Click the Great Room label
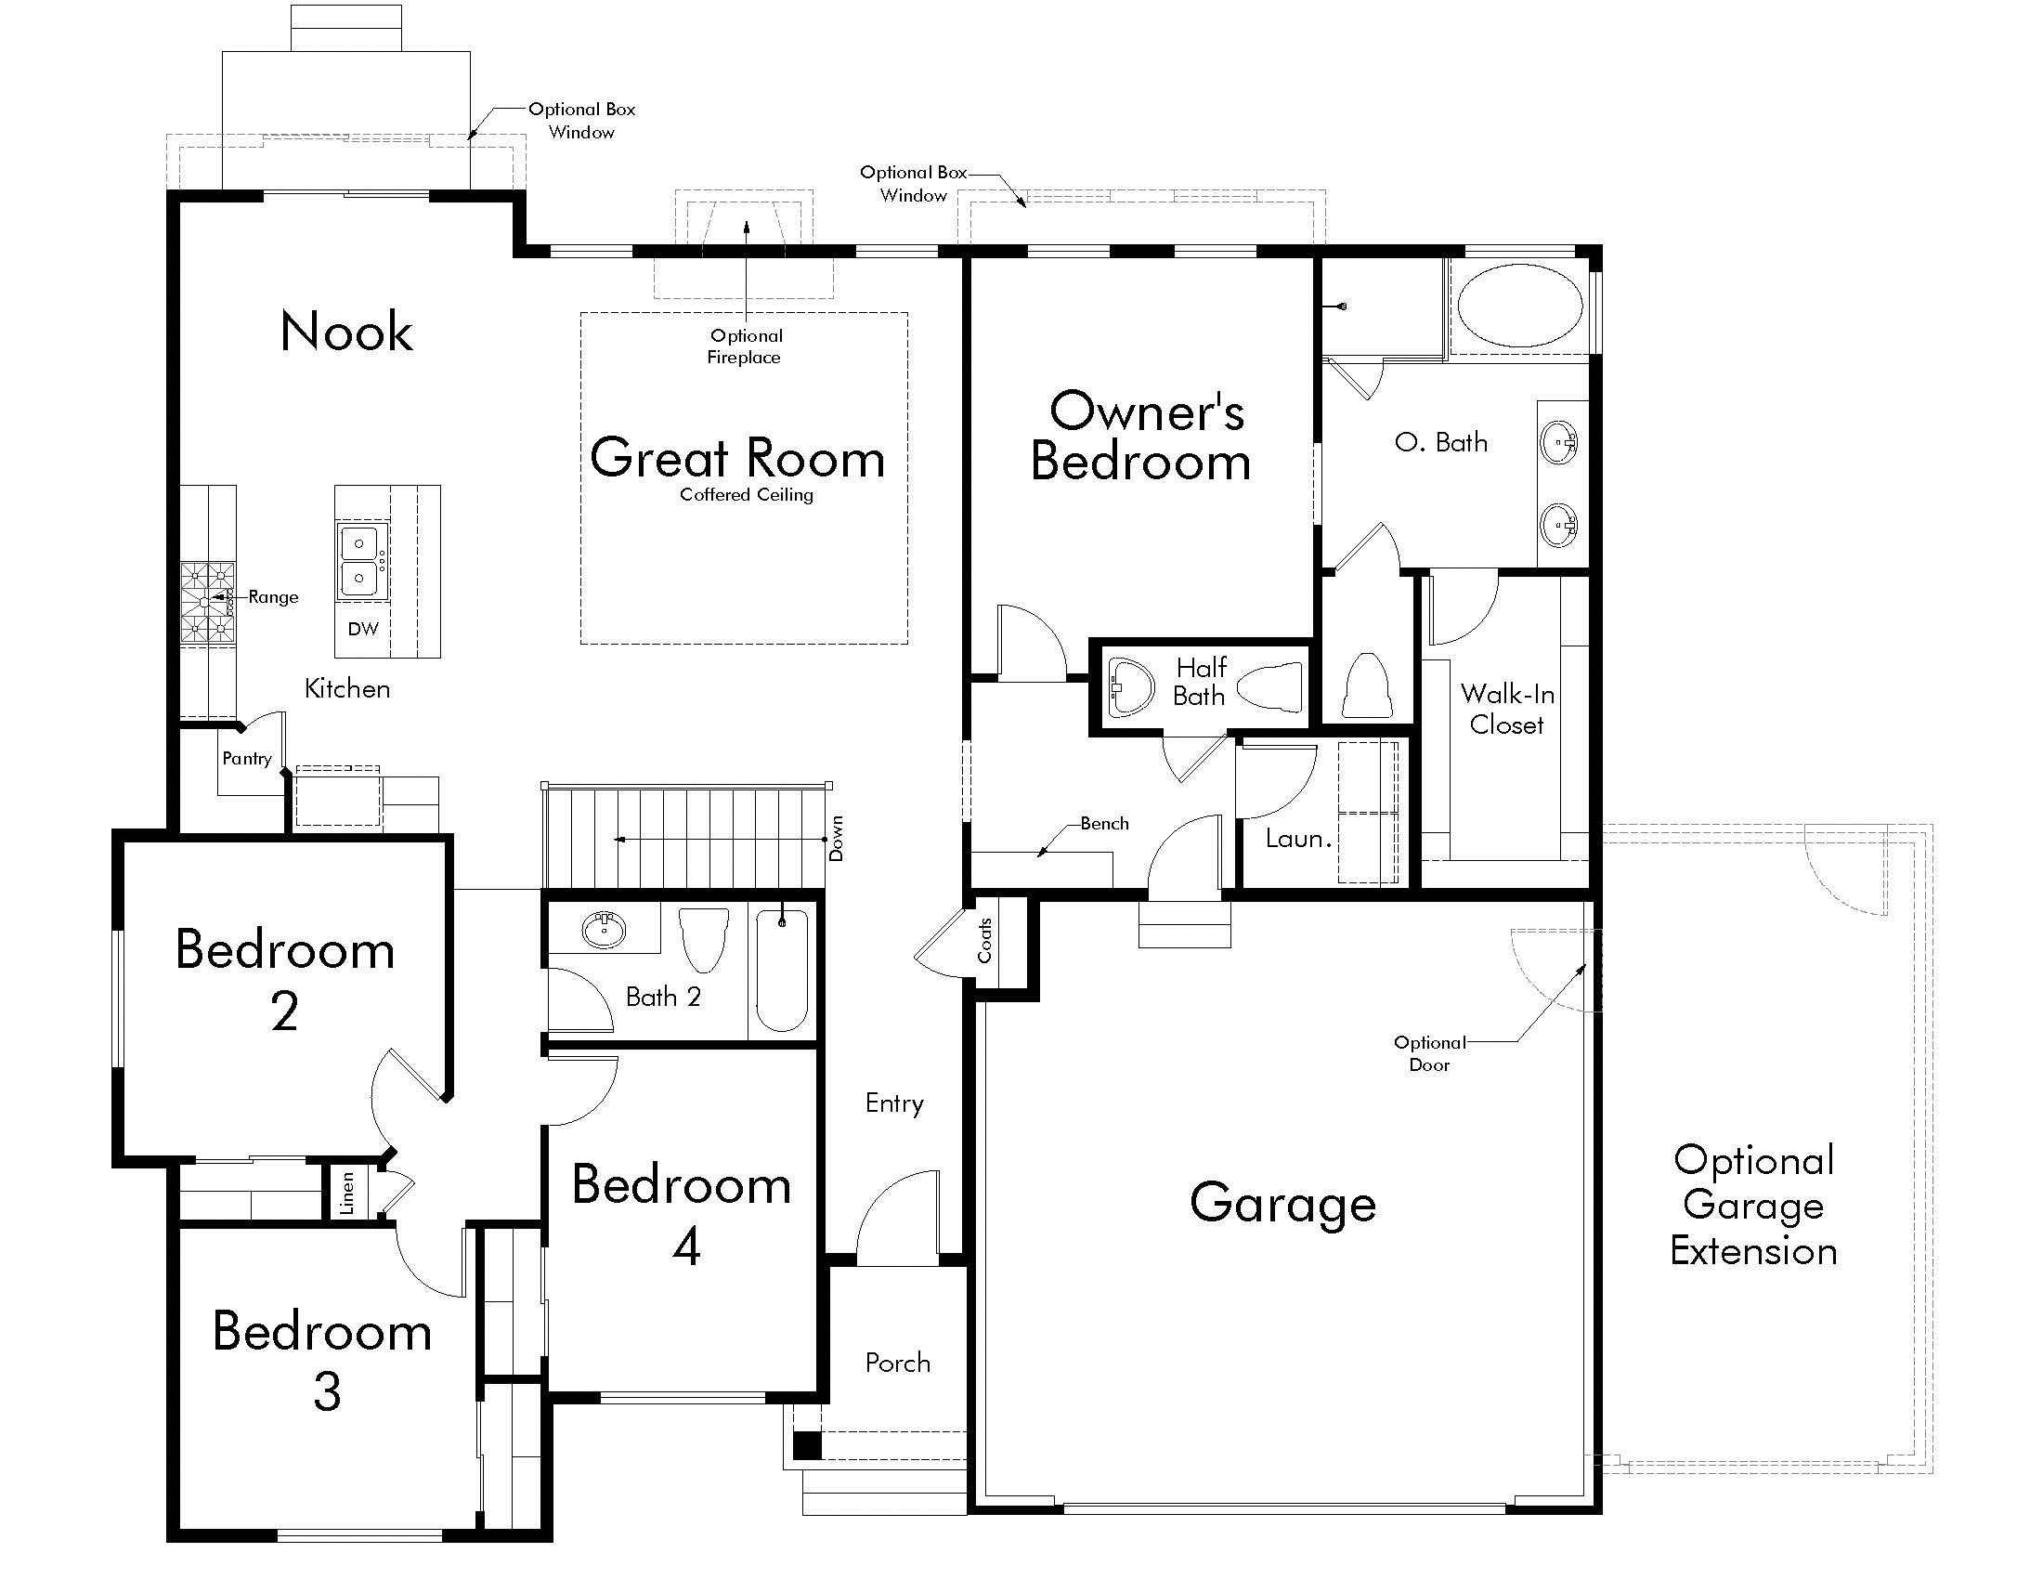click(737, 457)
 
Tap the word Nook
click(346, 332)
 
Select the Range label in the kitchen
click(273, 597)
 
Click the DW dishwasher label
click(363, 629)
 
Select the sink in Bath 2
click(605, 930)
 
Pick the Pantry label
click(247, 759)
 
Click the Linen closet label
click(347, 1194)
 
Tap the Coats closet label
click(985, 939)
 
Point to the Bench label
click(1105, 823)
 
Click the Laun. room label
click(1298, 838)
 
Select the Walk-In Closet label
click(1507, 708)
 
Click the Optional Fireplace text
click(746, 346)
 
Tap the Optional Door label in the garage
click(1429, 1053)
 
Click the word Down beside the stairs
click(837, 838)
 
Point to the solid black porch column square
click(806, 1445)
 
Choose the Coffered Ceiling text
click(747, 495)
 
